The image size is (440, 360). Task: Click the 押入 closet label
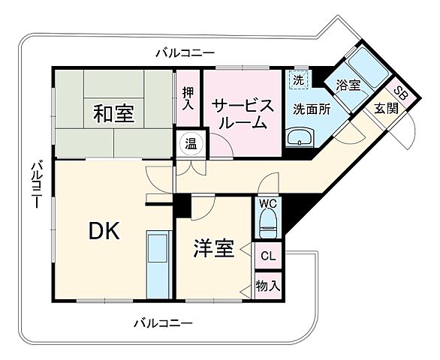(x=188, y=99)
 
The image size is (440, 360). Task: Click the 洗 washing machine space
(x=298, y=79)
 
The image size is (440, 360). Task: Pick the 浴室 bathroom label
(x=348, y=85)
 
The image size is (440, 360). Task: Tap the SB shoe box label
(x=401, y=95)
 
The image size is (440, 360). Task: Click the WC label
(x=267, y=204)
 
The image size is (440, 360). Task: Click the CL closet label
(x=267, y=256)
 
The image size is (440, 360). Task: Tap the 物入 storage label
(x=267, y=285)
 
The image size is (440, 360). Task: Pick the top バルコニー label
(x=185, y=52)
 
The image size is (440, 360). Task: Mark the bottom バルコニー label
(x=163, y=323)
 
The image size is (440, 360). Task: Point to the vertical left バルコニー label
(x=35, y=184)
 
